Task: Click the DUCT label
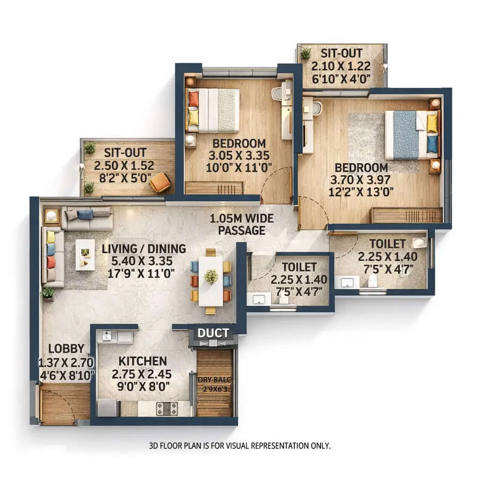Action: point(213,333)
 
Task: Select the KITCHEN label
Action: point(142,361)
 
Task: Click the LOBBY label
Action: point(66,348)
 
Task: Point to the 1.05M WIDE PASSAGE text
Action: point(242,225)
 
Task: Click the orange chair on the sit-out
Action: point(160,182)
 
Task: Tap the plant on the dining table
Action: point(211,276)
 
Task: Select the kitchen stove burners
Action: point(166,408)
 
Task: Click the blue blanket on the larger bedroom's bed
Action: point(405,135)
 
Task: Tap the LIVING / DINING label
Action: point(144,248)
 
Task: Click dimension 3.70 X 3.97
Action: point(360,180)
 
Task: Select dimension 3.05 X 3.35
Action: point(239,156)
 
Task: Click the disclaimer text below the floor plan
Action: point(240,445)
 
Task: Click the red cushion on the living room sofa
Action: point(51,262)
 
